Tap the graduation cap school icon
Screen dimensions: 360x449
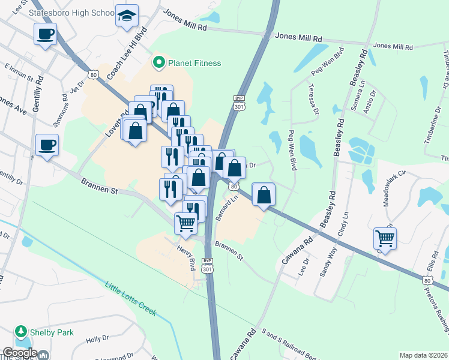point(127,16)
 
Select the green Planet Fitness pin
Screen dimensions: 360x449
point(159,62)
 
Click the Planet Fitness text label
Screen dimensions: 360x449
point(194,63)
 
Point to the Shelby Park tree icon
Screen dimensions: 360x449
point(21,332)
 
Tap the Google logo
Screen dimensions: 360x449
point(20,353)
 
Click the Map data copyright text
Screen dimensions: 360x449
point(423,355)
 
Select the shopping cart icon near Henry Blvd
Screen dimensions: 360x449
point(186,223)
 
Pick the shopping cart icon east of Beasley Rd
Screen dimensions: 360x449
point(385,238)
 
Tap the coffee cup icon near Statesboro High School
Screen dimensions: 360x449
point(46,34)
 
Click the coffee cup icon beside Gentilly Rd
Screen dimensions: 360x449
point(47,145)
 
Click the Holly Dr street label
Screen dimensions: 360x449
point(96,340)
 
